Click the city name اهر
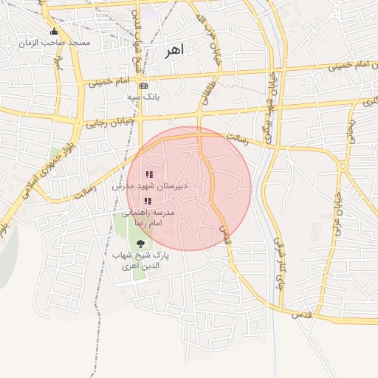click(x=173, y=51)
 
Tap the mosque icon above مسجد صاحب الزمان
click(x=54, y=32)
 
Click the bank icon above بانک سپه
click(x=142, y=86)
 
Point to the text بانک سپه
click(x=142, y=97)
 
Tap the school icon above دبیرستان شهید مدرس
click(x=149, y=175)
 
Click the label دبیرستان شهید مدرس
click(x=150, y=187)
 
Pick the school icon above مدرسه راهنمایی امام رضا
click(x=148, y=201)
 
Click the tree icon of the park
click(x=140, y=244)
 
